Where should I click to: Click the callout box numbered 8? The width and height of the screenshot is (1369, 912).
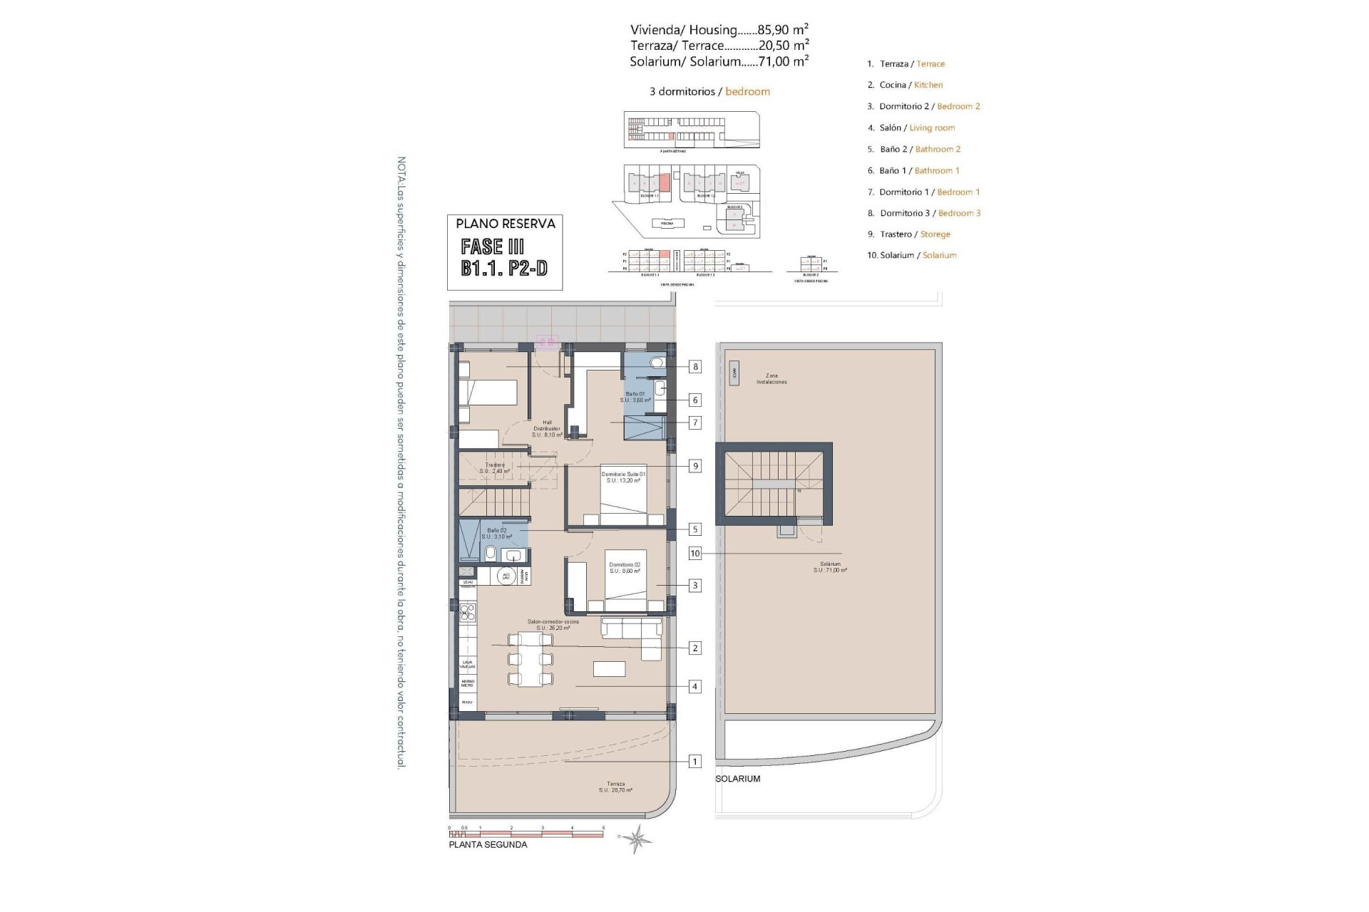[694, 367]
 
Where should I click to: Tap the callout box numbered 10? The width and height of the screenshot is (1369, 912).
[694, 554]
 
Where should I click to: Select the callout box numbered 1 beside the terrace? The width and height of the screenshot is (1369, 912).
[694, 762]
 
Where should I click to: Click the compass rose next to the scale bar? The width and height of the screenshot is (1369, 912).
[636, 839]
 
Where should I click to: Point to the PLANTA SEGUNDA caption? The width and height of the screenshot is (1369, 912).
[488, 845]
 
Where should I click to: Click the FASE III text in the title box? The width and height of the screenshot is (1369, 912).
[493, 247]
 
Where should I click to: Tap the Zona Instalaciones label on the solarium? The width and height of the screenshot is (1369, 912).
[771, 379]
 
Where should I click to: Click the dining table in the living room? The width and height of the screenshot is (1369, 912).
[530, 659]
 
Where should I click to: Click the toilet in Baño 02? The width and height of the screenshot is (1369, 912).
[491, 554]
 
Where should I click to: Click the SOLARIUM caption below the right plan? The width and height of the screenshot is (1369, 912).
[738, 779]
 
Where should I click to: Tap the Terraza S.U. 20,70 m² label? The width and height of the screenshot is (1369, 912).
[615, 787]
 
